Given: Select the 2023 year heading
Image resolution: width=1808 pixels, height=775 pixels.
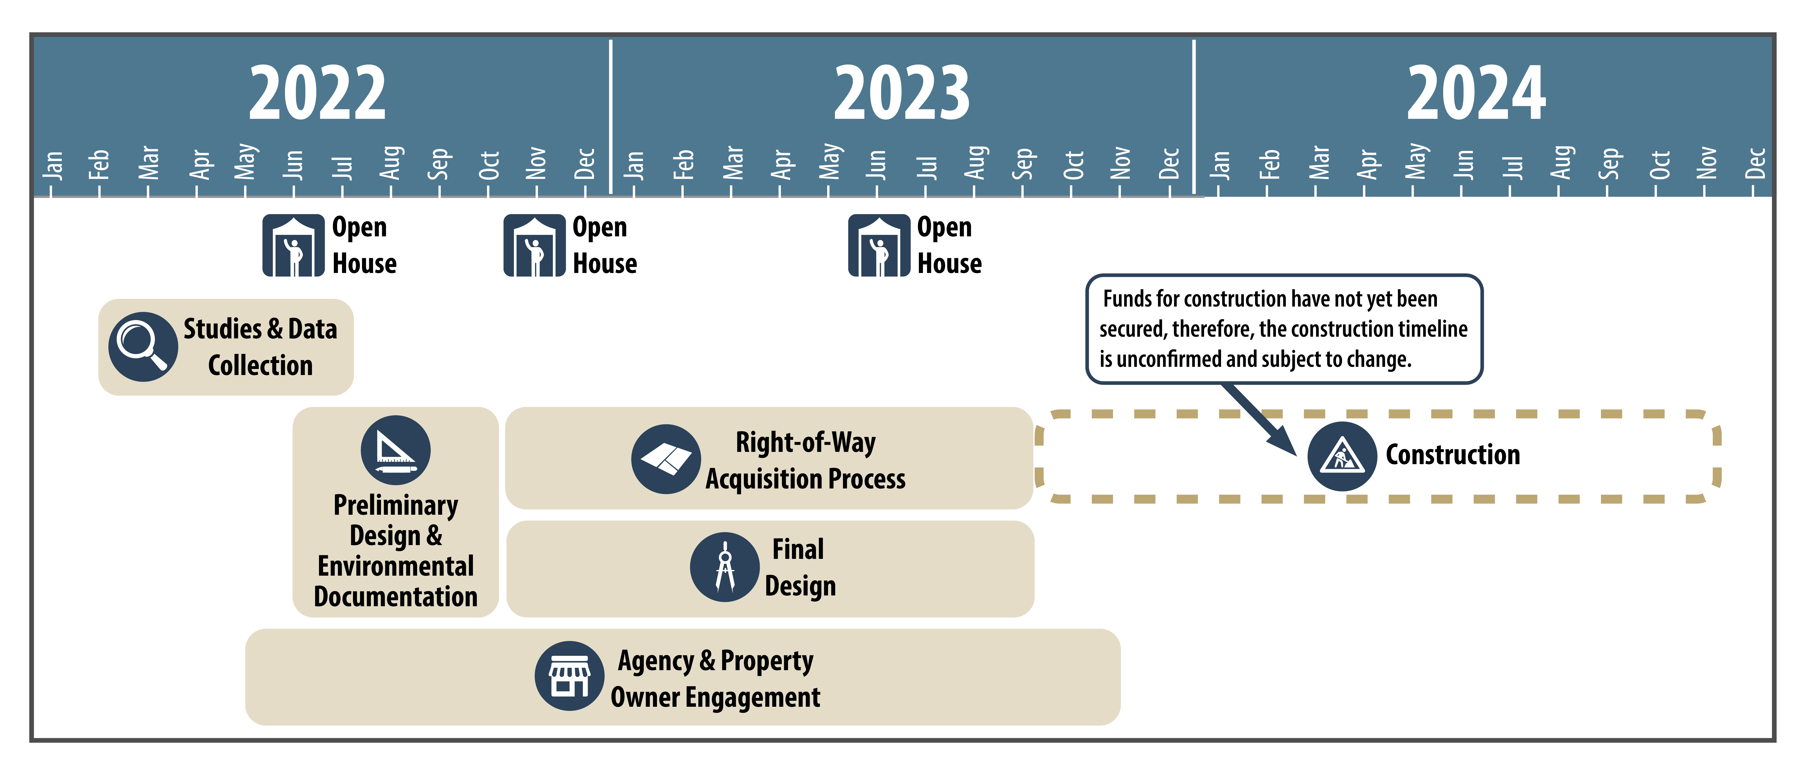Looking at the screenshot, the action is point(902,93).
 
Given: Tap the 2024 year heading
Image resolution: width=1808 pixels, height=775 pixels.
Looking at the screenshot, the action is point(1476,93).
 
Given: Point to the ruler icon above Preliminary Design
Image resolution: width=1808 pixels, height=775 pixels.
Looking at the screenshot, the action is point(396,450).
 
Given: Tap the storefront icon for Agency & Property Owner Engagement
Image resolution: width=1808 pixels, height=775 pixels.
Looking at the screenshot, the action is point(569,676).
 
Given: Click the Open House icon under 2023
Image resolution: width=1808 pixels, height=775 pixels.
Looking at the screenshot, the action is point(879,246).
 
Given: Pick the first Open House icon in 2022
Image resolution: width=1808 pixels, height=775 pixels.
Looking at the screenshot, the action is point(293,246).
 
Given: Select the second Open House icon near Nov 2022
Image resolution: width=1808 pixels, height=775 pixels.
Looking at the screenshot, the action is point(534,246).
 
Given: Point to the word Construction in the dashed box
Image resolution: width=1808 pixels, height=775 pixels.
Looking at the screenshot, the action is point(1453,455).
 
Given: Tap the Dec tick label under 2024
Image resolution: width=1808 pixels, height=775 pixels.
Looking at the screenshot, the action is point(1755,164).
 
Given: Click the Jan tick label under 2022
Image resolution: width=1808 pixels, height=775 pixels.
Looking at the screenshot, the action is point(53,165).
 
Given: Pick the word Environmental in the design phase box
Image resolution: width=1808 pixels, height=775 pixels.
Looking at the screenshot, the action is point(396,566).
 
